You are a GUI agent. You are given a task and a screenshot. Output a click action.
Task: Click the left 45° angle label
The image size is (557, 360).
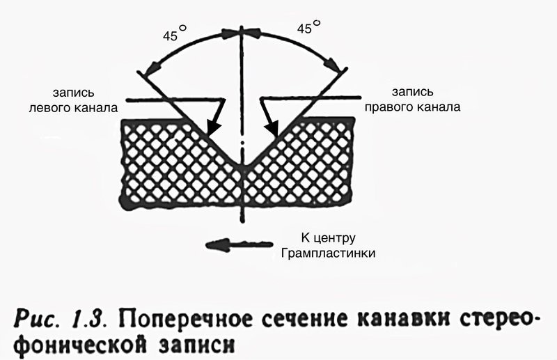pos(175,33)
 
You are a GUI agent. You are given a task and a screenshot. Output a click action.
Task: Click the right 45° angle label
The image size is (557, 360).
pos(308,26)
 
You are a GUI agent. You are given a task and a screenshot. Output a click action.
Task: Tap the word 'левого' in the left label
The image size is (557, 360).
pos(50,108)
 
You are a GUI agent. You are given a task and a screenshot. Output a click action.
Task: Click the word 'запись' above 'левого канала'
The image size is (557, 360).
pos(74,93)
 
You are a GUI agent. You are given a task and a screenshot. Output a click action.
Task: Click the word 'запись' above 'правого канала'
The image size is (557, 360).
pos(412,92)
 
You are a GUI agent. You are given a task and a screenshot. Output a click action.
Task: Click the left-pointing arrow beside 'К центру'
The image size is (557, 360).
pos(240,245)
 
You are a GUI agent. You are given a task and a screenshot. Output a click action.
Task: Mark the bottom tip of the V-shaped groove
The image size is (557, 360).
pos(242,166)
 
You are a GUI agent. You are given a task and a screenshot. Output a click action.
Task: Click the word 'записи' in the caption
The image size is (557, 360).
pos(196,345)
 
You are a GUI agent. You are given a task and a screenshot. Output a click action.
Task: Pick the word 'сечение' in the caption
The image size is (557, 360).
pos(306,318)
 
